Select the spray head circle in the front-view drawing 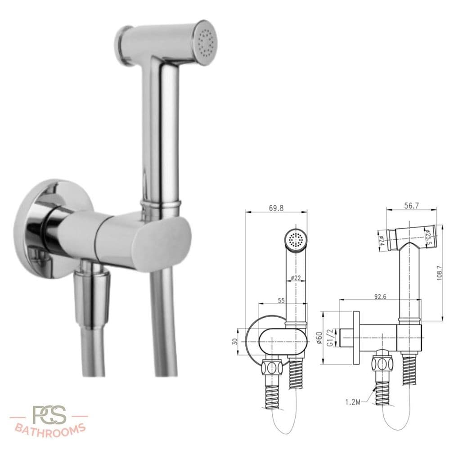[296, 240]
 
